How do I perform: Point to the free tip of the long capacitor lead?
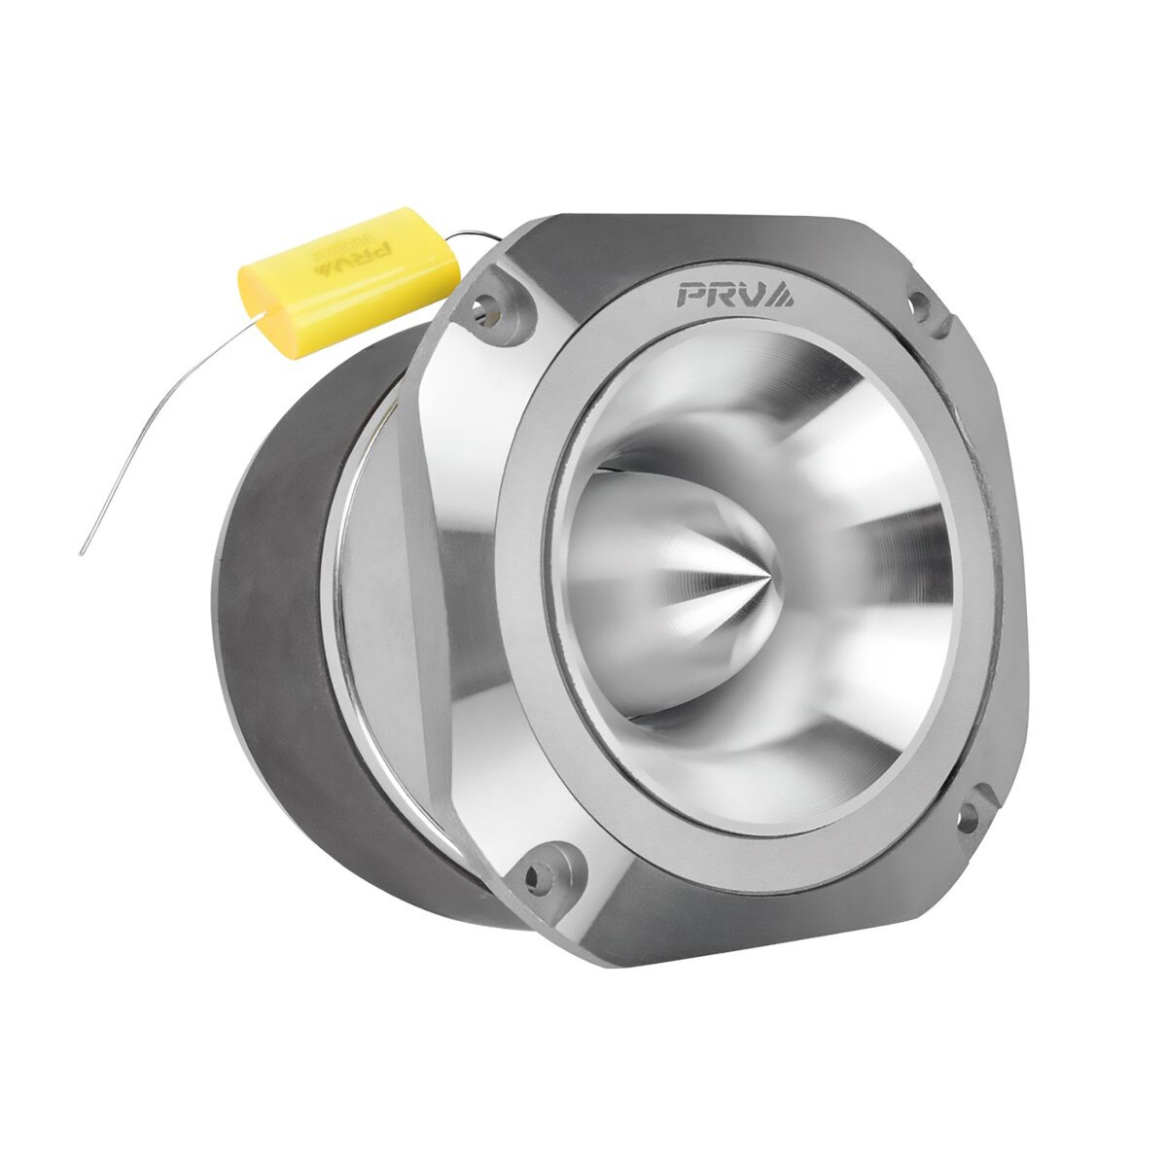(x=82, y=553)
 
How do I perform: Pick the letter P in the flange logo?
(x=693, y=293)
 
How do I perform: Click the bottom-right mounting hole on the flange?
(x=968, y=815)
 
